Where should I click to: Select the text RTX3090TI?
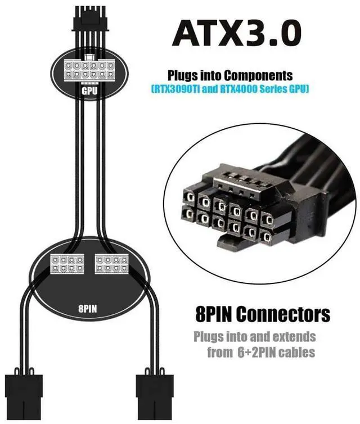point(179,89)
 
